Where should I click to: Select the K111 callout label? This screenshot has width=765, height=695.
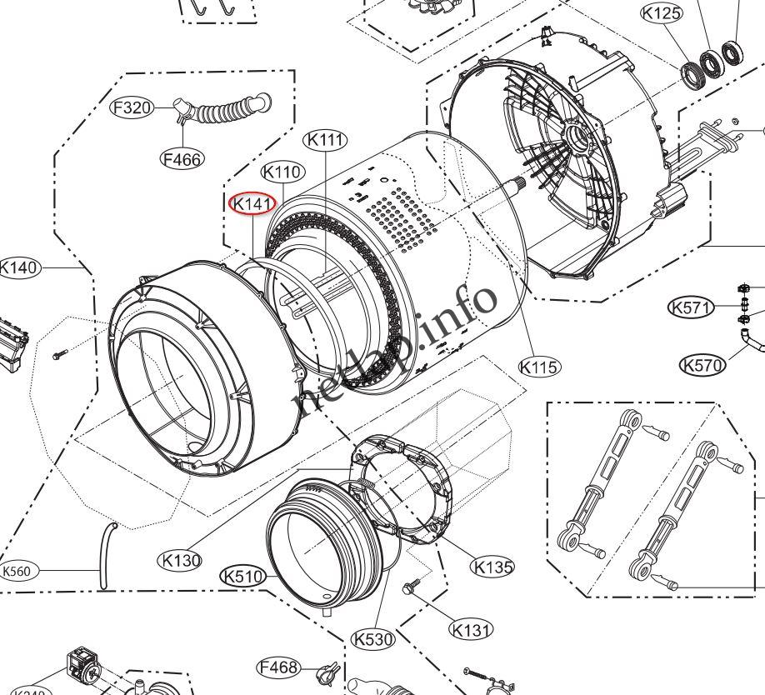326,140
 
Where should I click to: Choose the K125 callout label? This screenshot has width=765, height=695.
661,13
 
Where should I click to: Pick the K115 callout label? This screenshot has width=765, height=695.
539,366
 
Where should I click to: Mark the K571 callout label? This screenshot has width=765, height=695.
691,308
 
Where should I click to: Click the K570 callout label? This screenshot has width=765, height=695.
702,364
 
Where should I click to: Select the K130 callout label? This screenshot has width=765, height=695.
181,560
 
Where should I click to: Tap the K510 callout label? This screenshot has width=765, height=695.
242,576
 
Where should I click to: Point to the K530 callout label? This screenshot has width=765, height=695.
372,639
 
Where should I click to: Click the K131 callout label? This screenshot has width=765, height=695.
471,630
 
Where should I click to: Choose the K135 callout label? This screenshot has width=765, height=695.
492,567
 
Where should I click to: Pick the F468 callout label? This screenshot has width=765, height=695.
278,667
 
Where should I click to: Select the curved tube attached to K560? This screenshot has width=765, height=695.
106,553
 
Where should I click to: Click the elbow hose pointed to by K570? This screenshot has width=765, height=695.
750,339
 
